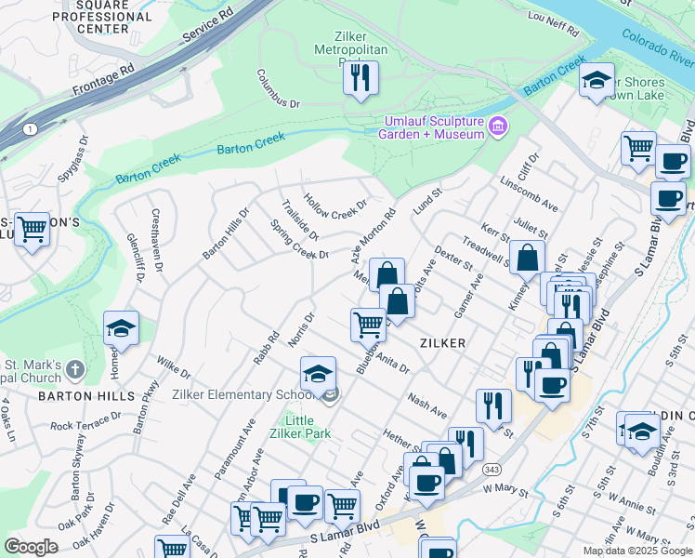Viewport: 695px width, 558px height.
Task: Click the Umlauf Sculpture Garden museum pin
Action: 498,126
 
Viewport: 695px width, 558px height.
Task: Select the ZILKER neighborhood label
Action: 441,343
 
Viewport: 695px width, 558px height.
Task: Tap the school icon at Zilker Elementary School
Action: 318,374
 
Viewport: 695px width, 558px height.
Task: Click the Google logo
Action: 31,546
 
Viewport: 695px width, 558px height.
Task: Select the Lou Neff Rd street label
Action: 552,22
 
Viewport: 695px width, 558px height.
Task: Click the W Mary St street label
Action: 505,490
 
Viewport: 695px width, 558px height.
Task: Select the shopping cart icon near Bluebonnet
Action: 368,324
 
